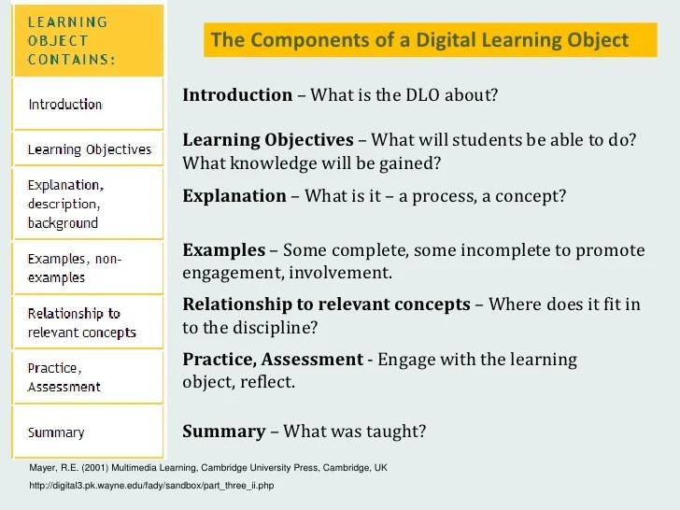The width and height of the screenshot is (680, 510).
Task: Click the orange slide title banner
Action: (420, 41)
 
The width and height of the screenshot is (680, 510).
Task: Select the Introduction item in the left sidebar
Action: (65, 104)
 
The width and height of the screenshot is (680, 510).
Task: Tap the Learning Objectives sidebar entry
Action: (89, 149)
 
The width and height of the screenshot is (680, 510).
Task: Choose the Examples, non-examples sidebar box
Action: (75, 267)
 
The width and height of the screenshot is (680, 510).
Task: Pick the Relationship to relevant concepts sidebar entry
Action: (81, 322)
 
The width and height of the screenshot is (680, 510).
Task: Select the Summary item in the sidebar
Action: (56, 432)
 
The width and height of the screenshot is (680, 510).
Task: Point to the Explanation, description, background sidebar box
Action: (65, 203)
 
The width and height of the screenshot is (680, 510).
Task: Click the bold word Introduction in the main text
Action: (237, 95)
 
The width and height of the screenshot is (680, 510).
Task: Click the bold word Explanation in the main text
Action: (234, 196)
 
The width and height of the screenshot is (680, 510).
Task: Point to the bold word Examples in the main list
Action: (223, 250)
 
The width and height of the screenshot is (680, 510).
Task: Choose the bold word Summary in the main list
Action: (224, 432)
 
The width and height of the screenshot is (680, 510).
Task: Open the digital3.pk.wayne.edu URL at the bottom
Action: (152, 486)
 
